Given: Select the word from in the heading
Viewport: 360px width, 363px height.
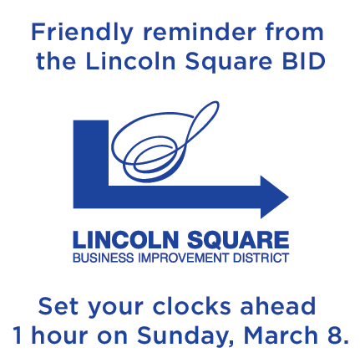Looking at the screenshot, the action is tap(294, 32).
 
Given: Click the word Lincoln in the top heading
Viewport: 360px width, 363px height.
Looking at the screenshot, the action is tap(131, 61).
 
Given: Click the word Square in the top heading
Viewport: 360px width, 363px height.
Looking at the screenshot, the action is tap(229, 62).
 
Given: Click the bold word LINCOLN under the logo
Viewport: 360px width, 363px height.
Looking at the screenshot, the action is tap(125, 239).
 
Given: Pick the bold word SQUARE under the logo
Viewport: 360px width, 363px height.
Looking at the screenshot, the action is tap(238, 239).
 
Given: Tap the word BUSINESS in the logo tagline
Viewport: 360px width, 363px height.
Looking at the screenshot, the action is tap(104, 258).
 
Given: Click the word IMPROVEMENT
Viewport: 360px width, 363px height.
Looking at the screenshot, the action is tap(184, 258).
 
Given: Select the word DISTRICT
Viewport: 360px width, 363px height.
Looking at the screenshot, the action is tap(261, 258).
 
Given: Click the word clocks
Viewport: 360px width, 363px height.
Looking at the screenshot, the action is tap(191, 306).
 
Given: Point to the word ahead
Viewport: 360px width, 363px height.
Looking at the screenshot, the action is tap(278, 306).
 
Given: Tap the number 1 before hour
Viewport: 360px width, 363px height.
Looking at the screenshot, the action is tap(18, 335).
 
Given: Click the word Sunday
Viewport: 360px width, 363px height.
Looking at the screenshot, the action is tap(185, 336).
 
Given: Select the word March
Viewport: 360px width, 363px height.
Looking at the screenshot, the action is tap(281, 335).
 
